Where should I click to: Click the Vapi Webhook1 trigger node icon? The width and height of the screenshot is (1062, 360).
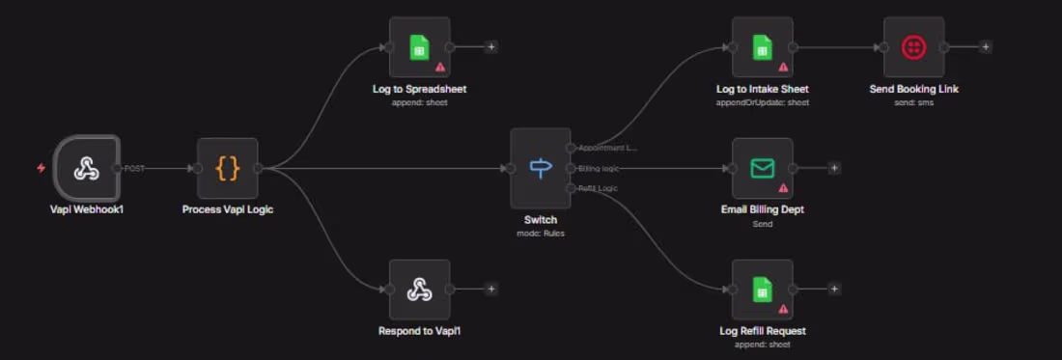(x=87, y=168)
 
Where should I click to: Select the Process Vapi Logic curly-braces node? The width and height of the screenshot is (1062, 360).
(x=227, y=168)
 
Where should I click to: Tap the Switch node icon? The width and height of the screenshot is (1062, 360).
(x=541, y=168)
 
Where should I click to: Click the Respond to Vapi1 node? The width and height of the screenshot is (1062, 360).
(x=419, y=289)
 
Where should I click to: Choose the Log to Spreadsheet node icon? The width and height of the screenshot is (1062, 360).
(x=419, y=46)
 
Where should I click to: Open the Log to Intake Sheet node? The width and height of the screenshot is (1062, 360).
(x=762, y=46)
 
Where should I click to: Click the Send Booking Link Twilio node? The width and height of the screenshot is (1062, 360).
(x=912, y=46)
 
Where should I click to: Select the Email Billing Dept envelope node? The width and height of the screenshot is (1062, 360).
(x=762, y=168)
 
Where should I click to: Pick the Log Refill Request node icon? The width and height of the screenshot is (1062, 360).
(x=762, y=289)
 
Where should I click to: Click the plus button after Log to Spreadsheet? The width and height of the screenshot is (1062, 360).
(x=490, y=46)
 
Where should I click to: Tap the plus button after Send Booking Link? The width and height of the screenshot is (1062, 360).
(x=985, y=46)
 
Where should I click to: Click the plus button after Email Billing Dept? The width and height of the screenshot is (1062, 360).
(x=834, y=168)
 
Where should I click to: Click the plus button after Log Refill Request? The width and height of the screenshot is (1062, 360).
(x=834, y=289)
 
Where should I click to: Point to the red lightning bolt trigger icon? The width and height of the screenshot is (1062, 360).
(x=41, y=168)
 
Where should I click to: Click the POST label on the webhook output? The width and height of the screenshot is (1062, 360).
(x=134, y=168)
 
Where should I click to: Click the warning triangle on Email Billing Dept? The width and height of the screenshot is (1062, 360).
(x=783, y=188)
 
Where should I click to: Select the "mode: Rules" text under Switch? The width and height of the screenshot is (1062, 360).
(x=541, y=233)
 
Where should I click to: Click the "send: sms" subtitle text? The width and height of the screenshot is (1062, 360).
(x=912, y=101)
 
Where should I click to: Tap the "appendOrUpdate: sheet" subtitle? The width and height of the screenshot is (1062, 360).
(x=762, y=101)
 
